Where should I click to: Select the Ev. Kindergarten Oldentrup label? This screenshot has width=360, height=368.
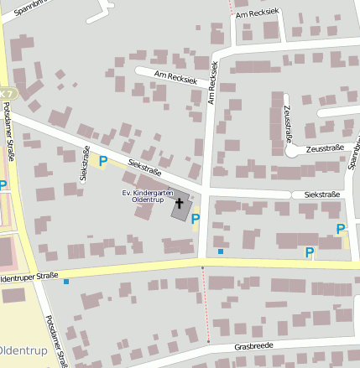pyautogui.click(x=147, y=196)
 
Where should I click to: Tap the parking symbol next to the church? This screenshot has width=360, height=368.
pyautogui.click(x=196, y=220)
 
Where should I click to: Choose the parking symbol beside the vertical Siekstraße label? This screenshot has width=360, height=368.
pyautogui.click(x=103, y=160)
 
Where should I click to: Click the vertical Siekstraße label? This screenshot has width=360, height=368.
pyautogui.click(x=85, y=163)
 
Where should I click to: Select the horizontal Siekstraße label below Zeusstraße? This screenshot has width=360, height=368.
pyautogui.click(x=322, y=194)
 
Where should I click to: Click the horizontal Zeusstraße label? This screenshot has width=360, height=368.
pyautogui.click(x=325, y=148)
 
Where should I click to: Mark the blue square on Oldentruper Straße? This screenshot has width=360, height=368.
pyautogui.click(x=65, y=282)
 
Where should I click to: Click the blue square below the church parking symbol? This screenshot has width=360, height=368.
pyautogui.click(x=221, y=251)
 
